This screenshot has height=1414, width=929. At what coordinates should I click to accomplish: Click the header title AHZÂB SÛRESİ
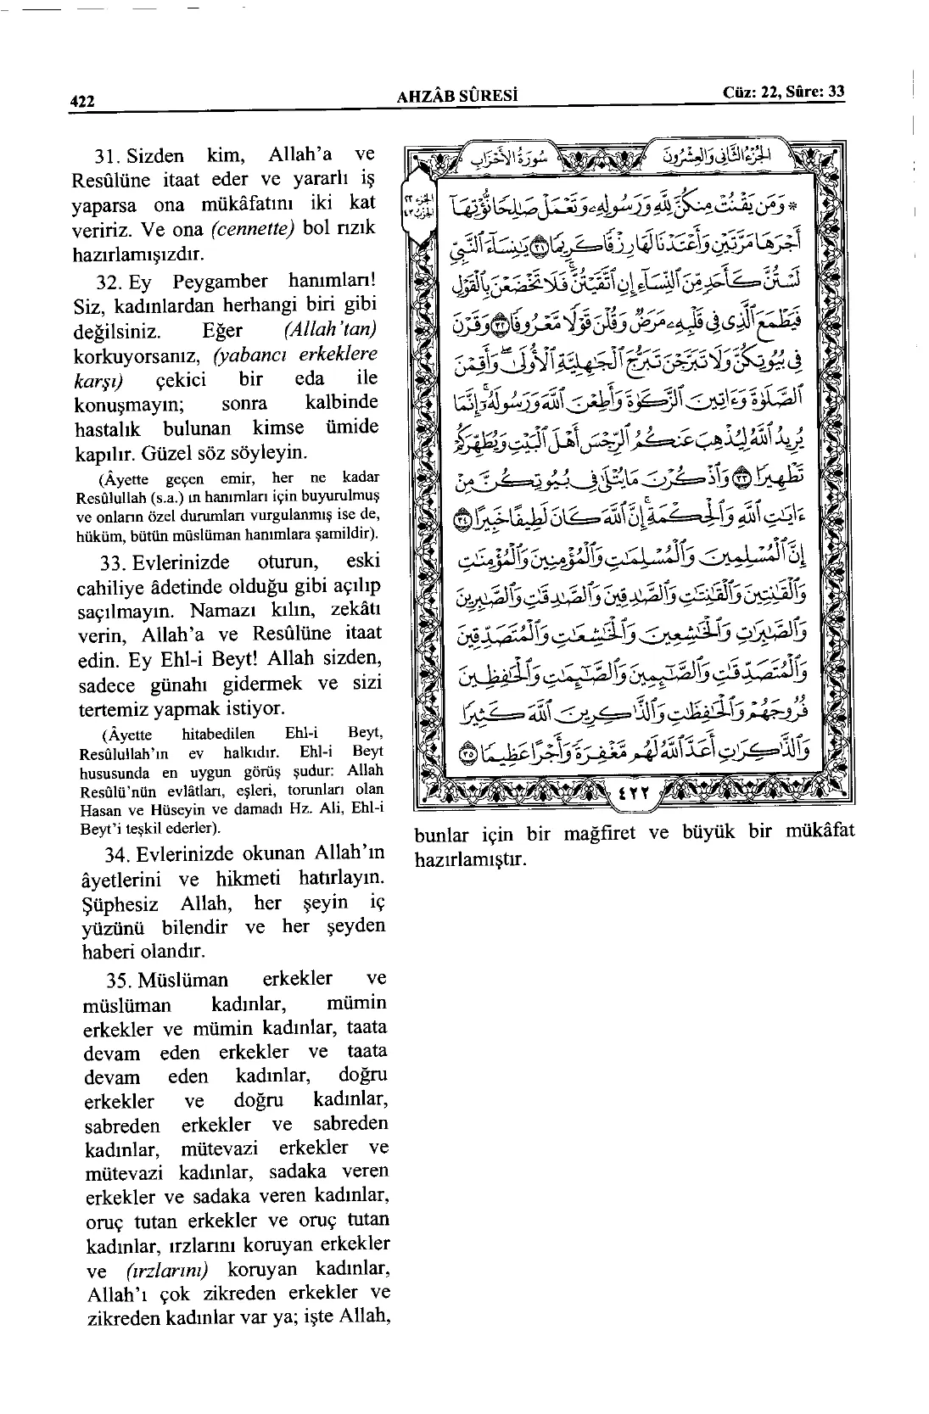tap(457, 96)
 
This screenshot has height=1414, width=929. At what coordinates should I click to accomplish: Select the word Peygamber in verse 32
tap(220, 282)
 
